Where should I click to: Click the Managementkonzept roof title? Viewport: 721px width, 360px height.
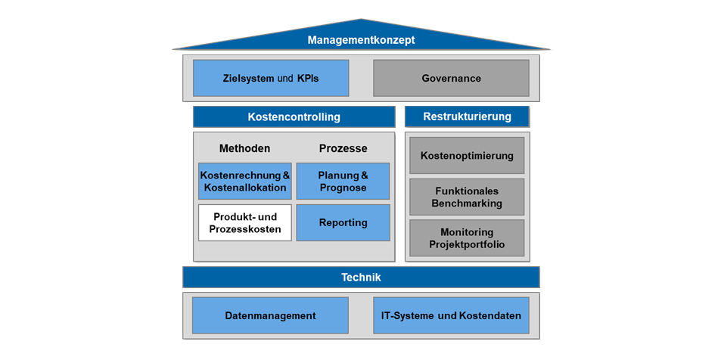(361, 40)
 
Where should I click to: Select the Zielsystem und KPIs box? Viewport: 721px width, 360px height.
(271, 78)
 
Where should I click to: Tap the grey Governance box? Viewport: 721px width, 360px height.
(451, 78)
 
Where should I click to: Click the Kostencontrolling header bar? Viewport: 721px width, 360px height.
(294, 117)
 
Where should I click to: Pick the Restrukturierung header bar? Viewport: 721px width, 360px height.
(467, 116)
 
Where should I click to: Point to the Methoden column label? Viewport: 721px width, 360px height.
(244, 148)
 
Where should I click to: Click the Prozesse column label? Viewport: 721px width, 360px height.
(343, 148)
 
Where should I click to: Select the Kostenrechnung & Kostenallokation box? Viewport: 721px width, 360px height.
(244, 181)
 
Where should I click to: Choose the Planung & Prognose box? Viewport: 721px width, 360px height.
(343, 181)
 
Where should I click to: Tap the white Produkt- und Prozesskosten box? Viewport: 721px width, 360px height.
(244, 222)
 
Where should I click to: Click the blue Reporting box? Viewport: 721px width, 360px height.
(343, 222)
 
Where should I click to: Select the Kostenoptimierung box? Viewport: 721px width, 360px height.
(467, 156)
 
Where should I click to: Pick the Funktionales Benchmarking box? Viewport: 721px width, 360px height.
(467, 197)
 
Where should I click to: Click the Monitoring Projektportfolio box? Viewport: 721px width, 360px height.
(467, 237)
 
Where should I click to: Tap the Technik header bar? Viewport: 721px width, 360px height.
(361, 278)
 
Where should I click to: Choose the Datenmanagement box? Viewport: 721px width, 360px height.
(270, 315)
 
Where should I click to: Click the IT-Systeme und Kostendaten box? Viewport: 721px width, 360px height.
(451, 315)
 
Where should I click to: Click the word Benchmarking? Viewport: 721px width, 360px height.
(467, 203)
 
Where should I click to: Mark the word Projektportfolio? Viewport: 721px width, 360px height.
(467, 244)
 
